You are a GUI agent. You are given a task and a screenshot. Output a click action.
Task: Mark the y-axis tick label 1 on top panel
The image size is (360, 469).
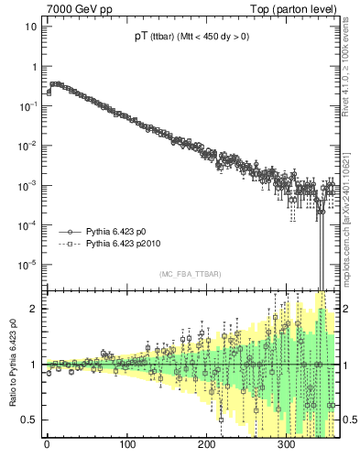[x=33, y=67]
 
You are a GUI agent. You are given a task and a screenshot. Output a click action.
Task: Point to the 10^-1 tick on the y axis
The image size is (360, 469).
[x=27, y=106]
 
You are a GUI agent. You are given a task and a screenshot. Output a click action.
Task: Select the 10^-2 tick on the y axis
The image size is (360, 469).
[x=27, y=146]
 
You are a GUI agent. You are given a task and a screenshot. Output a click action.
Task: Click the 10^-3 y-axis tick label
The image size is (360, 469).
[x=27, y=185]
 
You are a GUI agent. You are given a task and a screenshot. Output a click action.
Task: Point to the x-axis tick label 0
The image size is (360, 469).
[x=48, y=444]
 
